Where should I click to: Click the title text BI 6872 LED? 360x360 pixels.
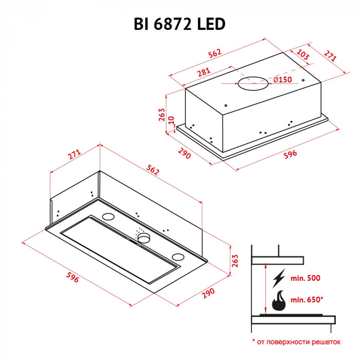point(179,24)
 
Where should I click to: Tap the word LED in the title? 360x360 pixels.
point(212,24)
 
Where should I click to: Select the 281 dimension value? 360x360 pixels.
point(204,71)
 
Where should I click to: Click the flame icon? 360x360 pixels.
point(279,300)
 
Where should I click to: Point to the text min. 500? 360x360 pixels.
point(305,278)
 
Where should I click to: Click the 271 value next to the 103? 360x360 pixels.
point(330,56)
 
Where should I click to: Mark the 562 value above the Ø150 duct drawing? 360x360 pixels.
point(215,53)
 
